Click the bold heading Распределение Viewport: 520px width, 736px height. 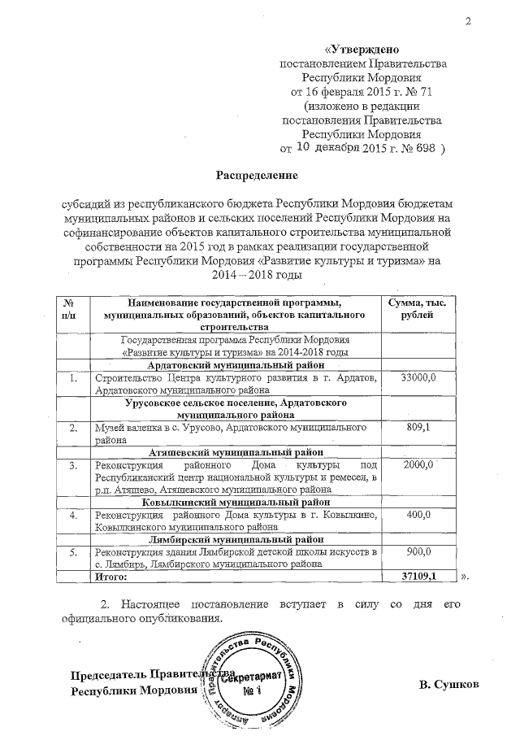tap(256, 175)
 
